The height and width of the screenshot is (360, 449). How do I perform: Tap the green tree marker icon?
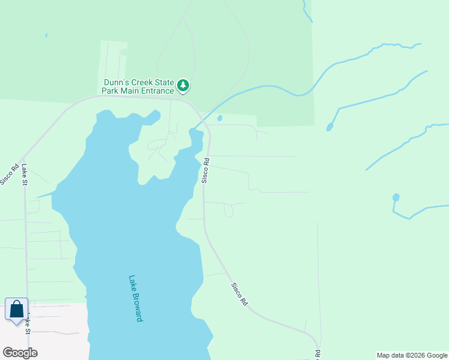click(x=184, y=86)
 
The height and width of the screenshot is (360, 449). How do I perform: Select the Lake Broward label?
click(x=136, y=298)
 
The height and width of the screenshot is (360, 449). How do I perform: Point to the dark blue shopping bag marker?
click(x=17, y=310)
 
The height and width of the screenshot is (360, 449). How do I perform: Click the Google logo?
click(x=20, y=353)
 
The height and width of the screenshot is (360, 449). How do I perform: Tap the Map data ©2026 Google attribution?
click(x=412, y=355)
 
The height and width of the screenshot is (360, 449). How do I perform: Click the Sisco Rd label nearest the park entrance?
click(x=205, y=170)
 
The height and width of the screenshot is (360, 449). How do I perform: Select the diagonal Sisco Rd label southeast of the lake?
click(x=240, y=295)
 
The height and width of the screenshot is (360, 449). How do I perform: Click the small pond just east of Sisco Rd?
click(x=220, y=118)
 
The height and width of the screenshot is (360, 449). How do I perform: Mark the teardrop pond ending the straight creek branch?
click(x=330, y=127)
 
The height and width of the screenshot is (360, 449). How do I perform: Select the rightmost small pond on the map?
click(x=396, y=197)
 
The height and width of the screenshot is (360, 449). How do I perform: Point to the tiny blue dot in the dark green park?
click(x=46, y=35)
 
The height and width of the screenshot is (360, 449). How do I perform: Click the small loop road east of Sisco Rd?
click(x=228, y=211)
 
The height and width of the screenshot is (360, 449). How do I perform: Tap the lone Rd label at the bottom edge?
click(x=316, y=354)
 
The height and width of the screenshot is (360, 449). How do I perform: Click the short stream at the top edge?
click(x=307, y=11)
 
